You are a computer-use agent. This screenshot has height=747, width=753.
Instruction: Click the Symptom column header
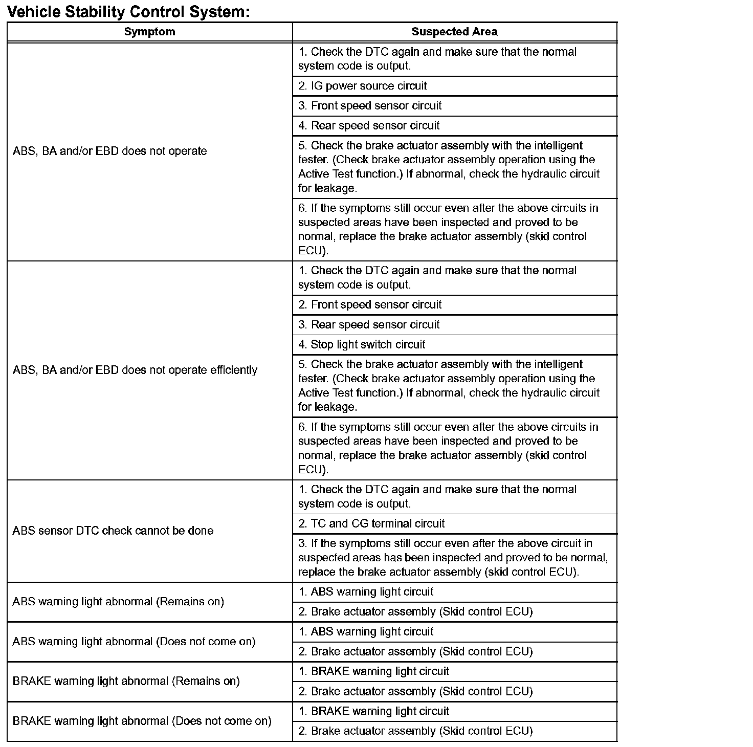pyautogui.click(x=149, y=32)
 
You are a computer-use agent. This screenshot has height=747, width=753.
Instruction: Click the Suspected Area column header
pyautogui.click(x=454, y=32)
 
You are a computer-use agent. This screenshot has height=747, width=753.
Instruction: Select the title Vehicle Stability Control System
pyautogui.click(x=128, y=11)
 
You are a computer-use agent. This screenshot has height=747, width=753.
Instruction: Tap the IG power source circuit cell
pyautogui.click(x=363, y=86)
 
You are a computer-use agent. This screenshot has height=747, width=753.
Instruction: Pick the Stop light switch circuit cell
pyautogui.click(x=362, y=344)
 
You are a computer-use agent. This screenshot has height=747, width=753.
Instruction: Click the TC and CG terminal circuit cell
pyautogui.click(x=371, y=523)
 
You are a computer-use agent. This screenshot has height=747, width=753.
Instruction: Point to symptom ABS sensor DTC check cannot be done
pyautogui.click(x=113, y=531)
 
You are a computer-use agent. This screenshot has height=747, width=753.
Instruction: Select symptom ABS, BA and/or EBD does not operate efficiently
pyautogui.click(x=135, y=370)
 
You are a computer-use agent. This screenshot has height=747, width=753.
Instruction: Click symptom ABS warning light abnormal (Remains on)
pyautogui.click(x=118, y=601)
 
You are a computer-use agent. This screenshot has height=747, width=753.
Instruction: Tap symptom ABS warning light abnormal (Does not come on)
pyautogui.click(x=134, y=641)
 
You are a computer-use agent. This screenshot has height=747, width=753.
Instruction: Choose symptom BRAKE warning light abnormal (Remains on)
pyautogui.click(x=126, y=681)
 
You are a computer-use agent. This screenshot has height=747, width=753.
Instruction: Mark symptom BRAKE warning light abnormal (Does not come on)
pyautogui.click(x=142, y=721)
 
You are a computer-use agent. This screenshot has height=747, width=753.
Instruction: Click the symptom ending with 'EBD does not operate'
pyautogui.click(x=109, y=151)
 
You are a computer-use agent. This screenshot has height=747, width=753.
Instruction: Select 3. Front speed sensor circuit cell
pyautogui.click(x=370, y=105)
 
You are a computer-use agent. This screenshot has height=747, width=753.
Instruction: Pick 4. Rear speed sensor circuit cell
pyautogui.click(x=369, y=125)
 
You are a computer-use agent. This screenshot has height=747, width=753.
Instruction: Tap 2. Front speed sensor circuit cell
pyautogui.click(x=370, y=304)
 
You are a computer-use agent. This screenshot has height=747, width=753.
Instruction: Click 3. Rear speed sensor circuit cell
pyautogui.click(x=369, y=324)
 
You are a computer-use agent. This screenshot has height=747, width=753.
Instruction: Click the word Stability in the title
pyautogui.click(x=97, y=11)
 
